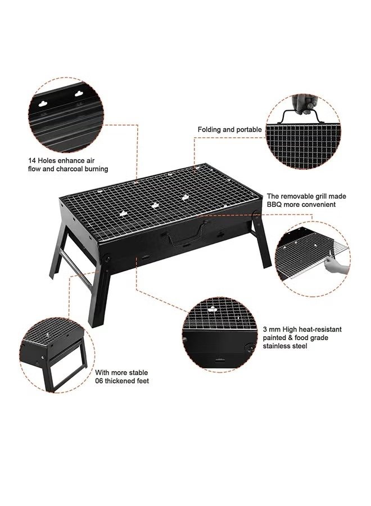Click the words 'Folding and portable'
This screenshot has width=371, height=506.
coord(229,130)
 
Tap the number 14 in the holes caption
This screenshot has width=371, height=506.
coord(31,160)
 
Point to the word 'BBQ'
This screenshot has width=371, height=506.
coord(274,205)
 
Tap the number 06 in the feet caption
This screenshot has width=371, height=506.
coord(99,381)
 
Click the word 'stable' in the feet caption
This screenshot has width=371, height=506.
coord(138,373)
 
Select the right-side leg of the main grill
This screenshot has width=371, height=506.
coord(262,241)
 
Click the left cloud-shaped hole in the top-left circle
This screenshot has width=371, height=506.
coord(43,104)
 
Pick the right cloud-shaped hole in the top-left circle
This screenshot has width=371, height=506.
coord(79,94)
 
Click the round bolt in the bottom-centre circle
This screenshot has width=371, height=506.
coord(248,347)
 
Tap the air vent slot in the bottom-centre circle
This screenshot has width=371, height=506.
coord(220,359)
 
